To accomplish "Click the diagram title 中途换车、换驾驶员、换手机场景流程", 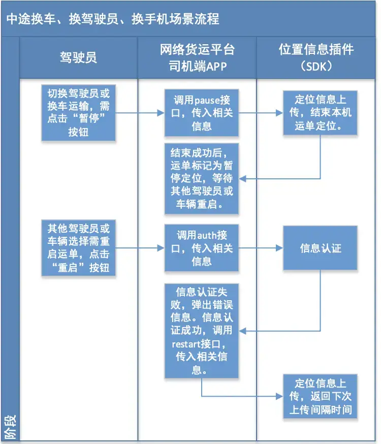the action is [x=113, y=19].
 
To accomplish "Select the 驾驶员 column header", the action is [x=78, y=57].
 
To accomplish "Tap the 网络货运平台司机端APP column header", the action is [x=197, y=58].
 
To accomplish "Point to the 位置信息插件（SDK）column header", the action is [x=316, y=57].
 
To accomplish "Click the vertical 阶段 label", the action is [x=11, y=427].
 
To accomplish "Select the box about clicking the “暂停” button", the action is [x=78, y=113].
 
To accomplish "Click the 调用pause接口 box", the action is [x=202, y=113].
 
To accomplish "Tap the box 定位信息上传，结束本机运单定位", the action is [x=320, y=113].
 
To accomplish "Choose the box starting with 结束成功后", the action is [x=202, y=179].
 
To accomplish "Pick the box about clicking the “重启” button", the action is [x=78, y=248].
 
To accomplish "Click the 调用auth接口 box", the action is [x=202, y=248].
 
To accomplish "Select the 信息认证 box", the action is [x=320, y=248].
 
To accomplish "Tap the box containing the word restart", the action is [x=202, y=331].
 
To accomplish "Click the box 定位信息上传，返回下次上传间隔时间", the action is [x=320, y=396].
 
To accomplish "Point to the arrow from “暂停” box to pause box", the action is [x=140, y=113].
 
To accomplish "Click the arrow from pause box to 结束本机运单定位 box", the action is [x=261, y=113].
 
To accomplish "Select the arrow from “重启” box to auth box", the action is [x=140, y=248].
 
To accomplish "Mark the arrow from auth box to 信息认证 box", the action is [x=261, y=248].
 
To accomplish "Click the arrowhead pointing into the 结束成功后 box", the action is [x=242, y=179].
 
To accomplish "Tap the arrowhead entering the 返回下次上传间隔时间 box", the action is [x=279, y=396].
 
